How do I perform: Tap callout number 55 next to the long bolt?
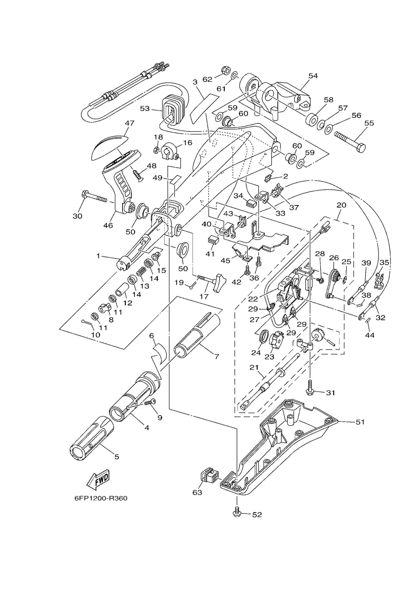click(369, 123)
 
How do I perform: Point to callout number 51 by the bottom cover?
click(360, 422)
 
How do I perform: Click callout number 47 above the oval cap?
click(130, 123)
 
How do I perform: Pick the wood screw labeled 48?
click(138, 175)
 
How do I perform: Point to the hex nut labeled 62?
click(226, 69)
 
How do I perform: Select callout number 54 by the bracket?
click(313, 76)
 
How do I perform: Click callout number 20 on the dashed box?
click(341, 205)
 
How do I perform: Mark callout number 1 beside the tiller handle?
click(98, 256)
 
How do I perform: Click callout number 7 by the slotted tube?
click(217, 356)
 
